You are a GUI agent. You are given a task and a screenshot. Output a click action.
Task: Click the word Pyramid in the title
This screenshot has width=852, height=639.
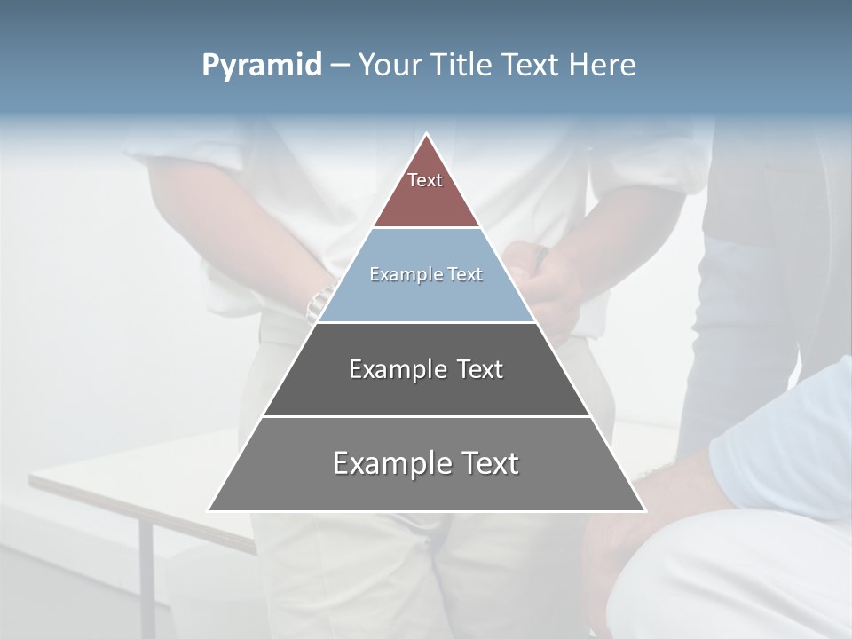261,66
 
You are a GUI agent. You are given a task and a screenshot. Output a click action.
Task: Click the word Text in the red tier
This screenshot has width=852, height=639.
425,180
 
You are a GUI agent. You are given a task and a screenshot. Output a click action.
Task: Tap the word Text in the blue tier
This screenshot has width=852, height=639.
465,274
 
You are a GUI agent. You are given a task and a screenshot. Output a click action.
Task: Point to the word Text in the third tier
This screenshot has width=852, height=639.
480,369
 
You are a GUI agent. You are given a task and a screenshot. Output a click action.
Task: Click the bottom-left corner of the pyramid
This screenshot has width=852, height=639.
209,510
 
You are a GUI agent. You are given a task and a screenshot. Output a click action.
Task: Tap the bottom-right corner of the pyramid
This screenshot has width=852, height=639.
644,510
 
